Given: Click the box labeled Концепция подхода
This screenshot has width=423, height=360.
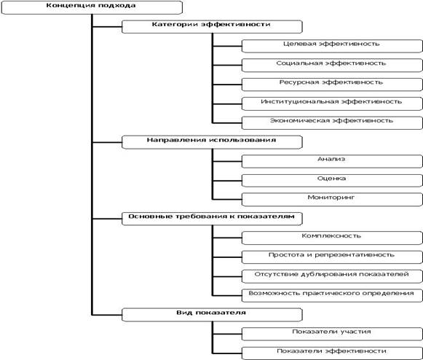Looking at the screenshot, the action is pos(92,7).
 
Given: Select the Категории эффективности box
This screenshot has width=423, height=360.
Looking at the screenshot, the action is pos(212,26).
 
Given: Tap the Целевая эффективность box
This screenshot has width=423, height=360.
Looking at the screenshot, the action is pos(332,46).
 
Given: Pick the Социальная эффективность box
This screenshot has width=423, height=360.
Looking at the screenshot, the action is pos(332,65).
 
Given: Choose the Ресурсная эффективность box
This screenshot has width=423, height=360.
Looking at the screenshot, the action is pos(332,85).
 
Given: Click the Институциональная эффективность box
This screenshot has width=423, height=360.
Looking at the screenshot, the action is pos(332,103).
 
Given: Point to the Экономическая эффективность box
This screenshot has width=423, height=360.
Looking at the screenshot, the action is pos(332,123).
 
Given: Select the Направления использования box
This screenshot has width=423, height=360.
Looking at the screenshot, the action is pos(212,142).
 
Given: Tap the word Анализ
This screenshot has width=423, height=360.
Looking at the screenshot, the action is pos(331,159).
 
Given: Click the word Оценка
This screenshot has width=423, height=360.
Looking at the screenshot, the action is pos(331,179).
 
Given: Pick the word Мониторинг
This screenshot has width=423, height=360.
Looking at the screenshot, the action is pos(331,197).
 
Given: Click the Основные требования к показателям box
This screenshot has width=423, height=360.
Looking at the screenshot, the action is pos(212,219).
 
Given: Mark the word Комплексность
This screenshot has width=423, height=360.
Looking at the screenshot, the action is pos(331,236).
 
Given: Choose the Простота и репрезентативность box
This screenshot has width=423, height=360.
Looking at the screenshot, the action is pos(332,257).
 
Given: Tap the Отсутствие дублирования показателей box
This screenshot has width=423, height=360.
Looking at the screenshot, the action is pos(332,276).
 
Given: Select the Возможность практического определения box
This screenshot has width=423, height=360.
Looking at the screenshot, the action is pos(332,295).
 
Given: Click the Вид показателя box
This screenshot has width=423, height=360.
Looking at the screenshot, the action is pos(212,315).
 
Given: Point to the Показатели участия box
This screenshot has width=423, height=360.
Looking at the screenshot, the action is pos(332,334).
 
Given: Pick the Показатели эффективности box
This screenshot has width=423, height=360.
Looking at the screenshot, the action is pos(332,353).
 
